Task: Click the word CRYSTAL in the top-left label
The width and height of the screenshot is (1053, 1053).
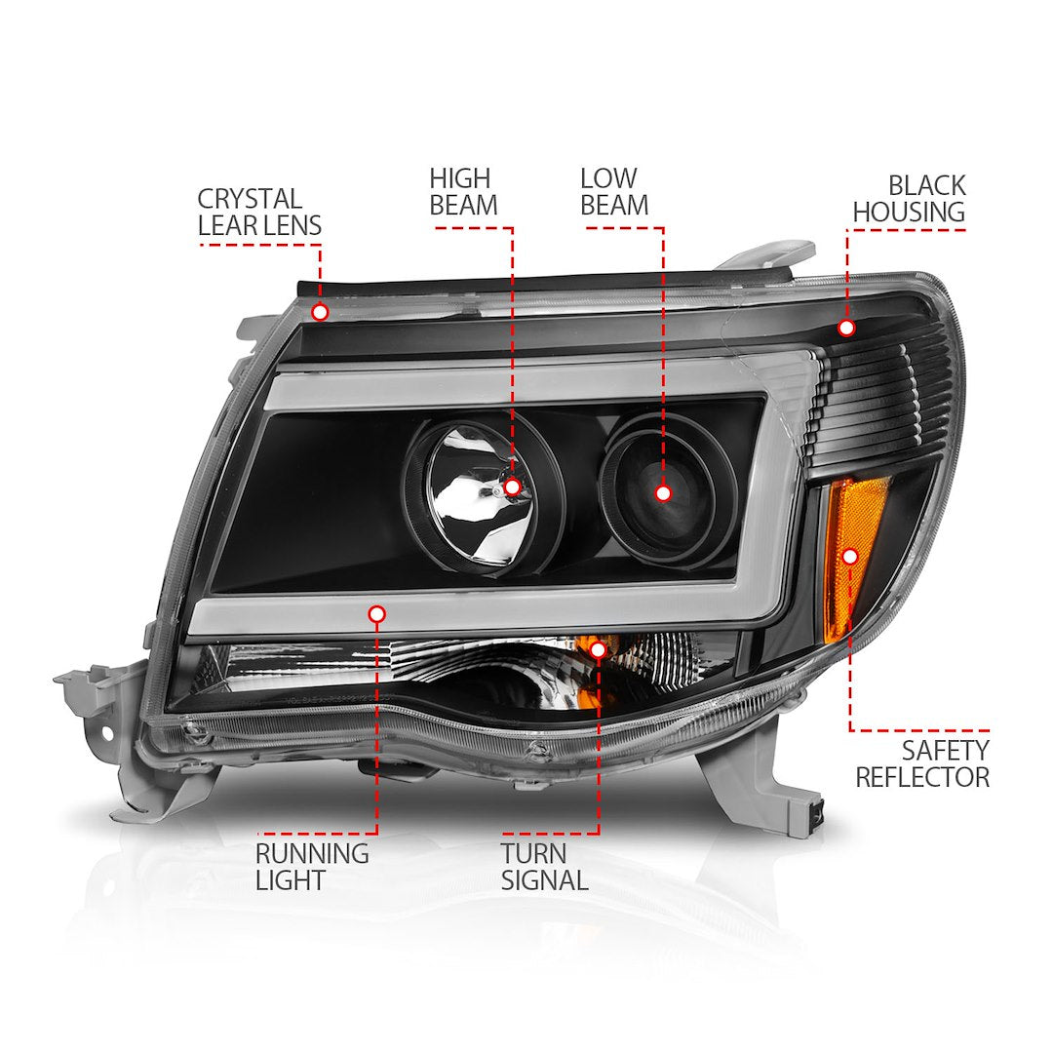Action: point(249,199)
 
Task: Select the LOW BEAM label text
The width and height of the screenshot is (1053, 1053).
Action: point(613,192)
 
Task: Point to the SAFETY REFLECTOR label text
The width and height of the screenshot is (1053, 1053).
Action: point(921,763)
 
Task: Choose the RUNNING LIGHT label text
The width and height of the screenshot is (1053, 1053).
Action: point(312,867)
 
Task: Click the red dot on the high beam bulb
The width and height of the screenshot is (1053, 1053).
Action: point(512,487)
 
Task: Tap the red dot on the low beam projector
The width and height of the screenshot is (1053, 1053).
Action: point(664,493)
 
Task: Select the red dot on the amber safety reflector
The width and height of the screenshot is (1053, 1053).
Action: point(849,556)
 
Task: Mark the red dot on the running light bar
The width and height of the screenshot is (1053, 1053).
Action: point(377,613)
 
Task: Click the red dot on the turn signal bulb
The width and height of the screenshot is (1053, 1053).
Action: point(599,647)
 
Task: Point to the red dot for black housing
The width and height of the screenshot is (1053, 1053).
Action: point(845,328)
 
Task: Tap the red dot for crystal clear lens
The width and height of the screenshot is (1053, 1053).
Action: point(320,312)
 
